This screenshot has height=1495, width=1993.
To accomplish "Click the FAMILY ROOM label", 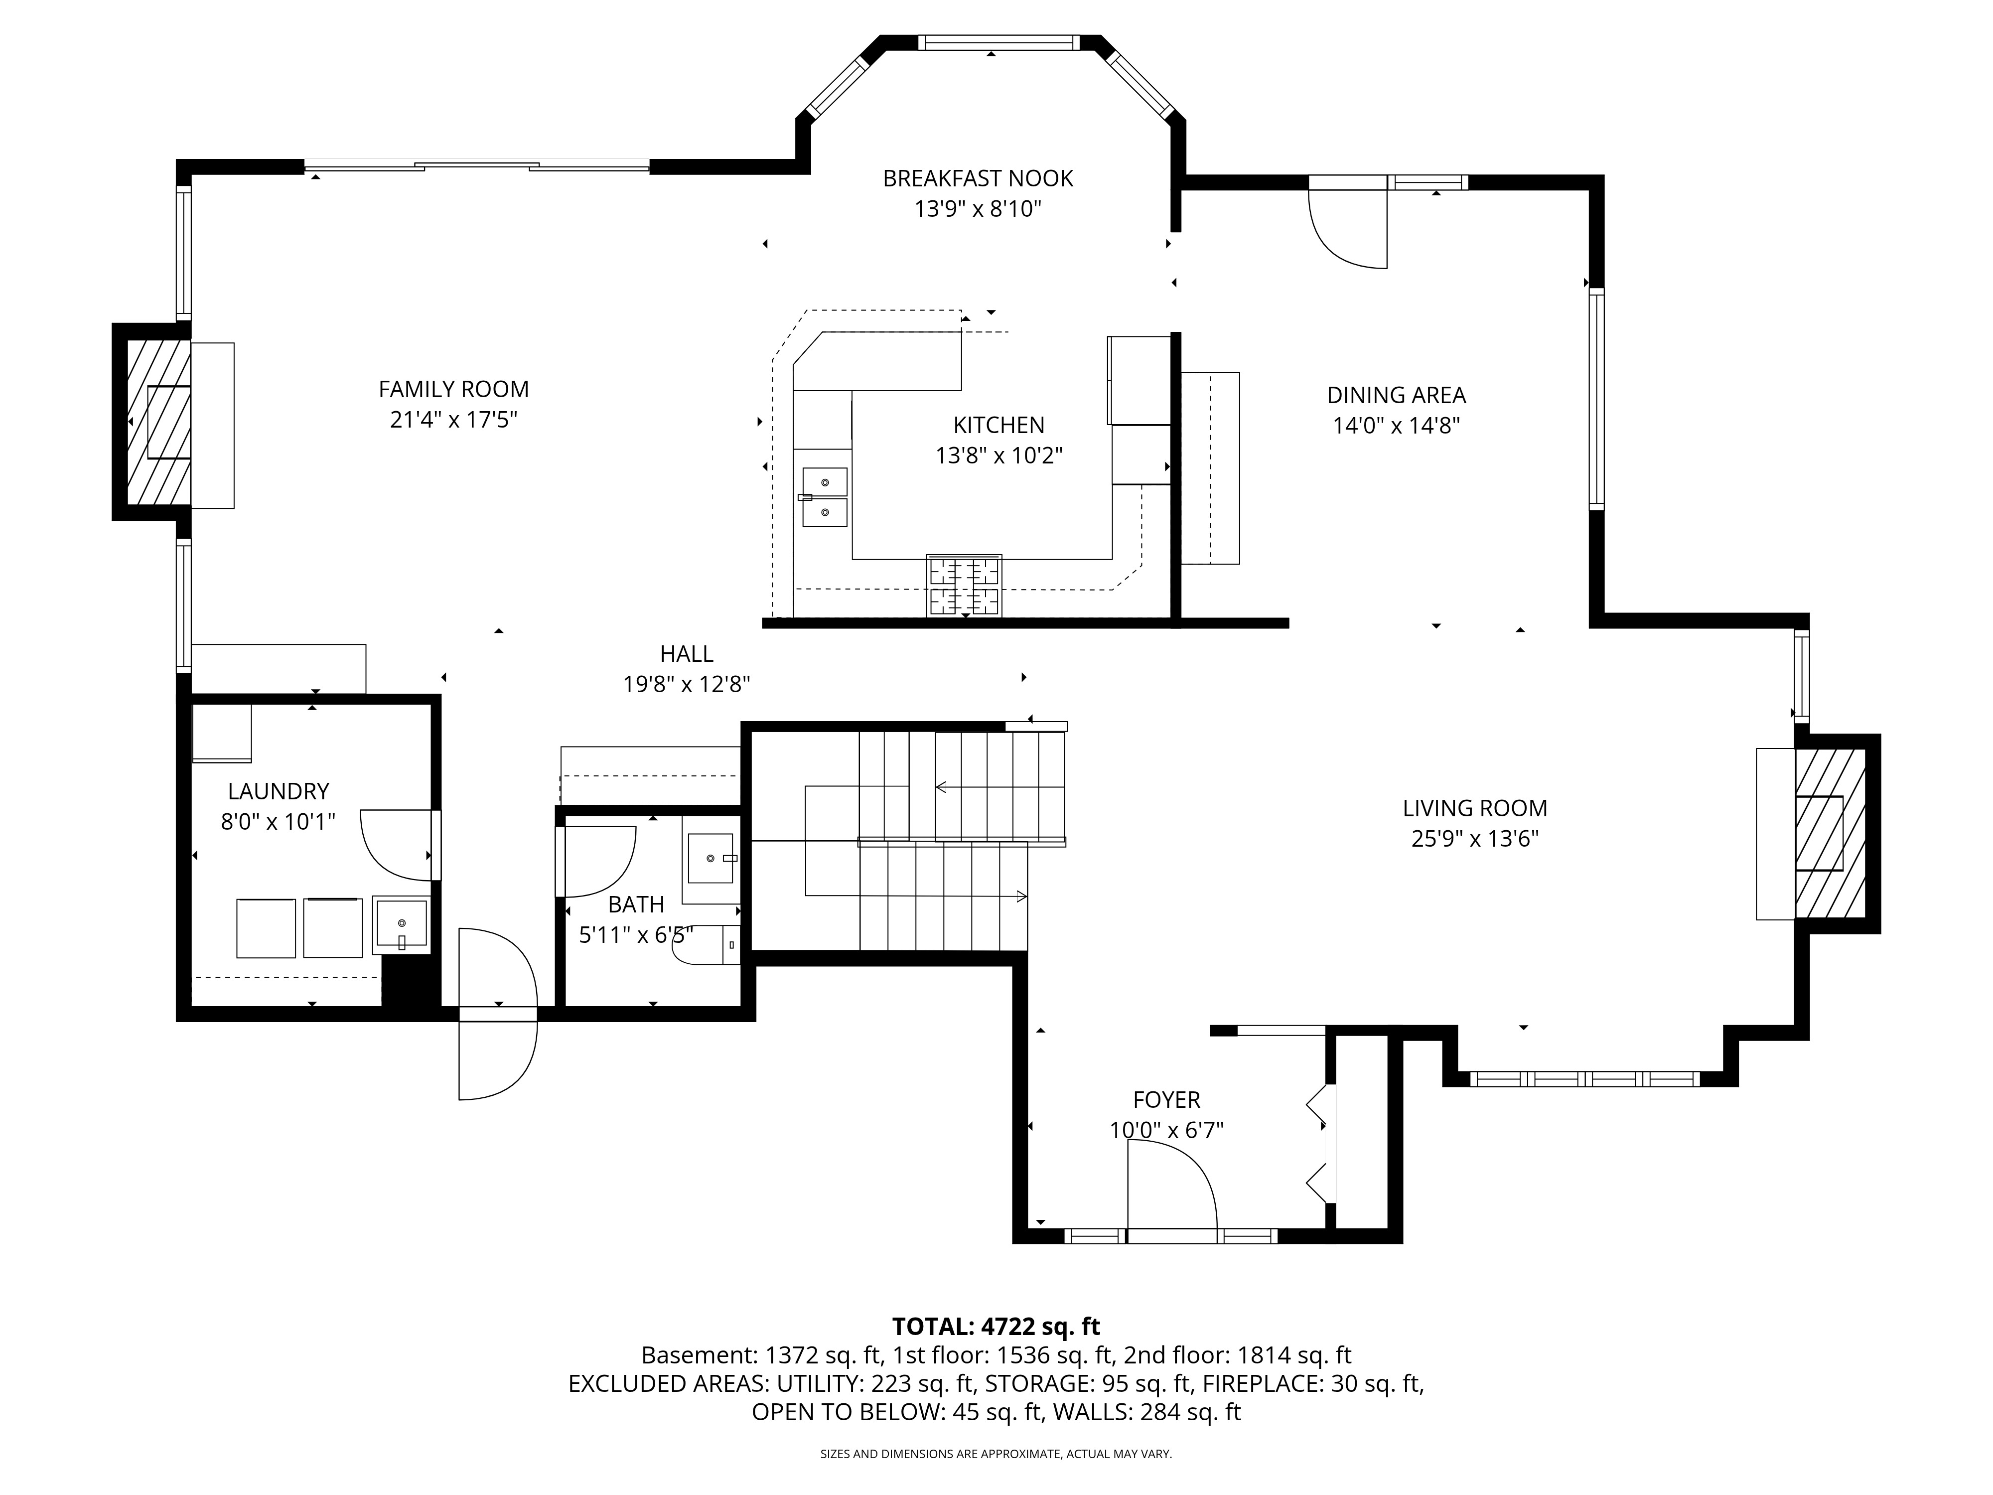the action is [453, 389].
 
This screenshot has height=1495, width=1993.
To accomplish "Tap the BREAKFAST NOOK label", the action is [978, 178].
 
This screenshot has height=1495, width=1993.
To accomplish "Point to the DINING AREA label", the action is [1396, 395].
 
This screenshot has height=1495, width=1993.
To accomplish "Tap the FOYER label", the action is [1167, 1099].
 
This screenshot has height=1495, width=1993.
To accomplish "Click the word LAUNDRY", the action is [279, 791].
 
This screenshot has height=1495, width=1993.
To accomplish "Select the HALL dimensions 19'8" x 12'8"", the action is [687, 685].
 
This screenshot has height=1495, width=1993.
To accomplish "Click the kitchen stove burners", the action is [964, 586].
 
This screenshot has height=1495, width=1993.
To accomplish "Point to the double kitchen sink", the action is [825, 496].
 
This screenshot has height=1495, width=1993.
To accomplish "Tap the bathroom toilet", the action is [707, 944].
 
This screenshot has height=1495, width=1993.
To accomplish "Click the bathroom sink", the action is [711, 859].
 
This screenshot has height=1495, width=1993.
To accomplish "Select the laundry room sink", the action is [401, 924].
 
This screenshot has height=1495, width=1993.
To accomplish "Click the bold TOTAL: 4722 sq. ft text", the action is [996, 1327].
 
